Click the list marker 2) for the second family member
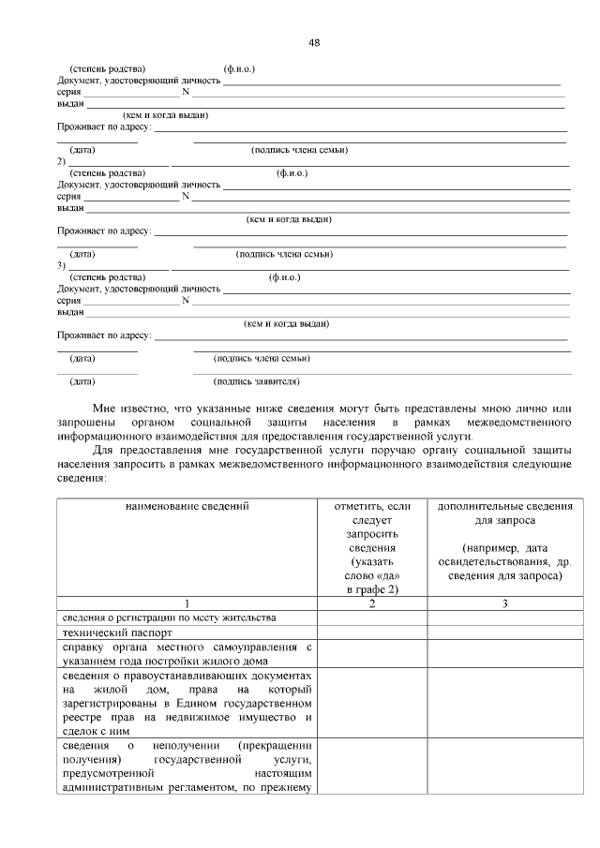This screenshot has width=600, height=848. click(x=61, y=161)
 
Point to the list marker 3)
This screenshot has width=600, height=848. click(x=61, y=266)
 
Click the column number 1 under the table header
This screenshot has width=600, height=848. click(x=187, y=603)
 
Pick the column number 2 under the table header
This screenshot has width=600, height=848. click(x=372, y=603)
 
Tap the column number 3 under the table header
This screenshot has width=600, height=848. click(x=504, y=603)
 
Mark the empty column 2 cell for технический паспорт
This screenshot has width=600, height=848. click(x=372, y=632)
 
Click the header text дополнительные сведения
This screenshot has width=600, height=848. click(x=504, y=507)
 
